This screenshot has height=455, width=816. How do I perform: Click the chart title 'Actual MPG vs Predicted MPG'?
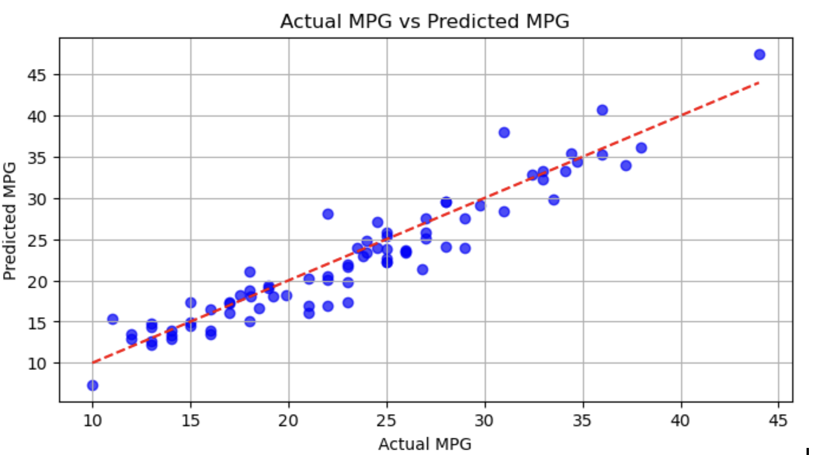click(x=424, y=21)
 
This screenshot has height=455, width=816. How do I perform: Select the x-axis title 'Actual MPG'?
click(x=425, y=444)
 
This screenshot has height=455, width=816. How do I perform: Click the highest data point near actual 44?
click(x=759, y=54)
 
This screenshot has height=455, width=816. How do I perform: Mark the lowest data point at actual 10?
click(x=92, y=385)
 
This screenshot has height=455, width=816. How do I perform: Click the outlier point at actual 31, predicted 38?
click(x=504, y=132)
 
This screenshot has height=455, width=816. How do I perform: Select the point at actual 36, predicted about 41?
click(x=602, y=110)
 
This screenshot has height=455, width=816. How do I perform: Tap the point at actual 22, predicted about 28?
click(x=328, y=214)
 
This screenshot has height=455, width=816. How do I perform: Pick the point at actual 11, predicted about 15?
click(x=112, y=319)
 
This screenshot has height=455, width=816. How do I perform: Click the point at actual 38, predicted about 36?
click(x=641, y=148)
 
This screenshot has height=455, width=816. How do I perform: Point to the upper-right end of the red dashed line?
click(x=759, y=83)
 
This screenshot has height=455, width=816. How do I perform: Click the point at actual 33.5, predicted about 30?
click(x=553, y=200)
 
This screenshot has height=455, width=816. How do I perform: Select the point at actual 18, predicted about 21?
click(x=250, y=272)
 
